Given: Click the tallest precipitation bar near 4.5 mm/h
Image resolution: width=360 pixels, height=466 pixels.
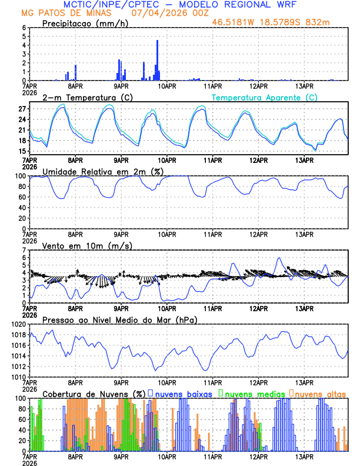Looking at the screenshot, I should (x=158, y=59).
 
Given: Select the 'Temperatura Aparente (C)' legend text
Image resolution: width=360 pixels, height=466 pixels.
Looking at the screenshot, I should (x=265, y=97).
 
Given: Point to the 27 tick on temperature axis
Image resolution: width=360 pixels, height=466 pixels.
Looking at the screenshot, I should (x=22, y=109).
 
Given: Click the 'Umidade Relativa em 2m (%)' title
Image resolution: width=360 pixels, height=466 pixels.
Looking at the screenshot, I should (x=98, y=171).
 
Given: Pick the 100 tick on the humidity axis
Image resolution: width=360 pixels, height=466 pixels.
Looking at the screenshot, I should (x=20, y=176).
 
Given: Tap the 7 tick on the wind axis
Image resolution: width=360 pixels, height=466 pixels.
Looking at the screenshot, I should (x=24, y=250).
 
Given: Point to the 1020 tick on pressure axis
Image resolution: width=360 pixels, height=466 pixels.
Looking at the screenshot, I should (x=18, y=324).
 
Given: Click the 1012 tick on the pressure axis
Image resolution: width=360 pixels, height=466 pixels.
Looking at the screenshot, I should (x=18, y=367).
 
